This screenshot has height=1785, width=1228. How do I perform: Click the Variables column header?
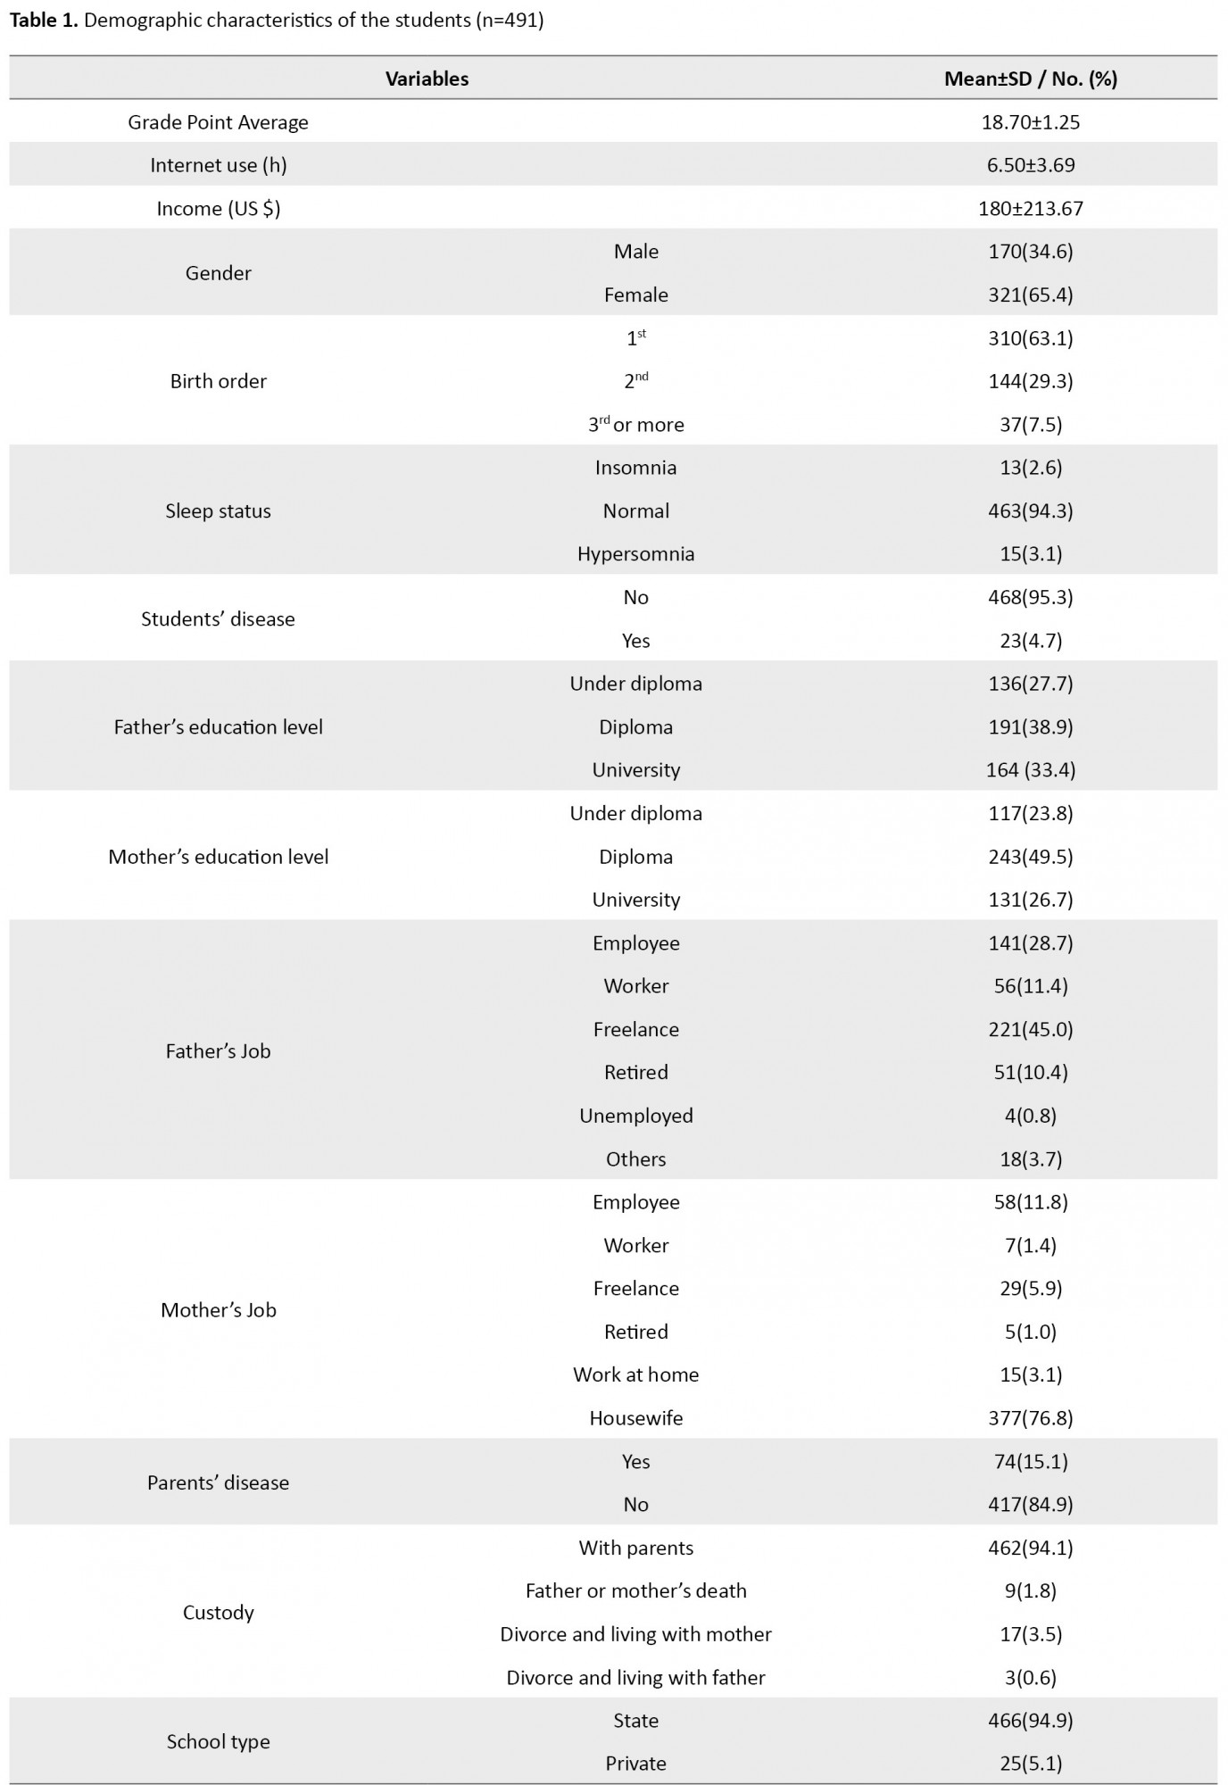click(x=427, y=79)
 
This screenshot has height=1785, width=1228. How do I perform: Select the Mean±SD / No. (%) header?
click(x=1030, y=79)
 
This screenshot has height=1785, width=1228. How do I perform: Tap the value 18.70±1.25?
click(x=1030, y=122)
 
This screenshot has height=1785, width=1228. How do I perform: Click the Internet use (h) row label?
click(x=218, y=165)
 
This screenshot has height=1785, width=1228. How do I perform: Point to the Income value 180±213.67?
click(x=1030, y=209)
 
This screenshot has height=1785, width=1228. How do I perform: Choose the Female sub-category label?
click(x=635, y=295)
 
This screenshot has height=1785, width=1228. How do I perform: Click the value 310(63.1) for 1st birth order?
click(x=1030, y=338)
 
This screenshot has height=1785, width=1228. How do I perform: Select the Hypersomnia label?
click(x=635, y=554)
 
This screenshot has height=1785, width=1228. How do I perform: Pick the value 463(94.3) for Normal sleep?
click(x=1030, y=511)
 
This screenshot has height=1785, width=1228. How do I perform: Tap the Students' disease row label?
click(x=218, y=619)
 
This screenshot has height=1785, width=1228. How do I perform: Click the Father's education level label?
click(x=218, y=727)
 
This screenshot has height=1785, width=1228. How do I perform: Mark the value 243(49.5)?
click(x=1030, y=857)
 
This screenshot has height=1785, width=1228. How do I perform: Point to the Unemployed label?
click(x=635, y=1116)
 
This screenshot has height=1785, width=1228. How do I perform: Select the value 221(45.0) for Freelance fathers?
click(x=1030, y=1030)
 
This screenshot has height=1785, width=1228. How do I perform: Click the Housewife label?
click(x=635, y=1418)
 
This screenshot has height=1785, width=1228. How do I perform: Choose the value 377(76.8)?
click(x=1030, y=1418)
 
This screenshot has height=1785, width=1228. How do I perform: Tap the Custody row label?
click(x=218, y=1613)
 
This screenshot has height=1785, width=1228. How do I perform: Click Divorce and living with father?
click(x=635, y=1678)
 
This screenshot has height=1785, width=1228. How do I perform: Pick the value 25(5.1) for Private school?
click(x=1030, y=1764)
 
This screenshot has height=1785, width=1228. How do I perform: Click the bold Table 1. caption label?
click(x=44, y=21)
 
